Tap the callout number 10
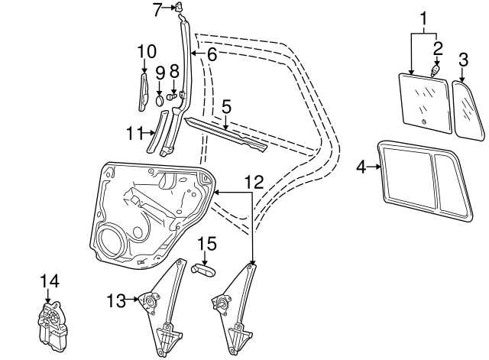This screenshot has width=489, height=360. [147, 52]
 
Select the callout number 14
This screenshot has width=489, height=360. [49, 282]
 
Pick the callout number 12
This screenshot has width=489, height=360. [254, 181]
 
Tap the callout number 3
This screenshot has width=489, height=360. [463, 59]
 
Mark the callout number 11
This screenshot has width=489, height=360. [134, 133]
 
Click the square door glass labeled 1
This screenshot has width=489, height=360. [422, 97]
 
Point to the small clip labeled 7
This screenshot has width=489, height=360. [181, 8]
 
